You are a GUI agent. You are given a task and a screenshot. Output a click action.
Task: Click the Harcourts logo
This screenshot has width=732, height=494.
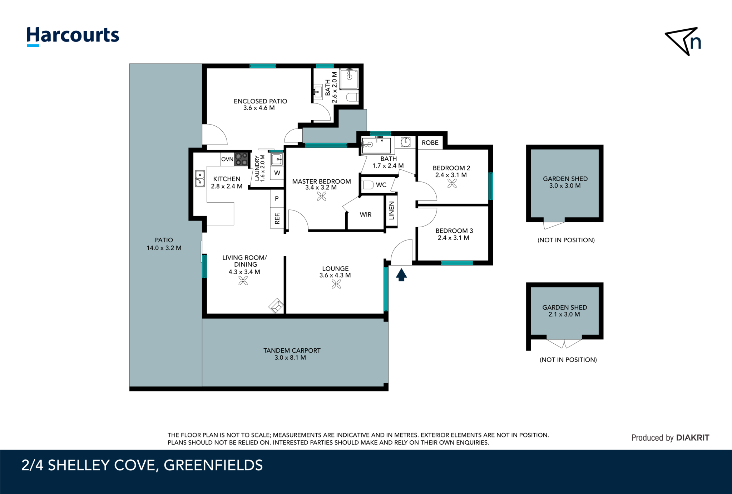tap(73, 37)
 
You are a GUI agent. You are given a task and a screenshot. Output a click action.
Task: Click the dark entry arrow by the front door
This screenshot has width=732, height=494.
tap(401, 275)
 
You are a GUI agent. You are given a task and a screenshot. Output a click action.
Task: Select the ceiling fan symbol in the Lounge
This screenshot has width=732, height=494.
tap(336, 284)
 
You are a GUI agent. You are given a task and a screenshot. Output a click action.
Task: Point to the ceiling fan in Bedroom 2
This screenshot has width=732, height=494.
tap(452, 183)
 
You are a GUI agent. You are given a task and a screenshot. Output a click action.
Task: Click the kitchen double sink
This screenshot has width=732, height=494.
tap(200, 179)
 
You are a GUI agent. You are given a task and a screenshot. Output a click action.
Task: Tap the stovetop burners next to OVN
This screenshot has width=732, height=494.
tap(241, 159)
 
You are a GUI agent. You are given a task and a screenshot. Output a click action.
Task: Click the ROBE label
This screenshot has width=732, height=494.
tap(430, 143)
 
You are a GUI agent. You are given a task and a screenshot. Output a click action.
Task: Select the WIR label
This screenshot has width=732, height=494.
tap(366, 215)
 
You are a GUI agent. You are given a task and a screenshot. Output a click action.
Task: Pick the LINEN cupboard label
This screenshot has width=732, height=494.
tap(392, 210)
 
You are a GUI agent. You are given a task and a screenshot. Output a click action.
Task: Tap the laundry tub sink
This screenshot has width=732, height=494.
tap(277, 159)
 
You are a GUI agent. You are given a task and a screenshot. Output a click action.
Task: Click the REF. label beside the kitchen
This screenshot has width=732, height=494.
tap(277, 218)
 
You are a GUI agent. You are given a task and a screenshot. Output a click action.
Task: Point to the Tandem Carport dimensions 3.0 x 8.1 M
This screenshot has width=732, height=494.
tap(290, 358)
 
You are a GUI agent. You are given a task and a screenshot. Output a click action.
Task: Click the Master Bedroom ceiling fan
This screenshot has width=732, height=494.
tap(322, 196)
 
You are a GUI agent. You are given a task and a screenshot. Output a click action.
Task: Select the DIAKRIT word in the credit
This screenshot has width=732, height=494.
tap(693, 437)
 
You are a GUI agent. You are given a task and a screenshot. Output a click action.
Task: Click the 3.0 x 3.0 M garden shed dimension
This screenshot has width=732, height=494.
tap(565, 186)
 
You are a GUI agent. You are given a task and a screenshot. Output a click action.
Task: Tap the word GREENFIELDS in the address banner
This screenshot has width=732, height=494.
tap(213, 465)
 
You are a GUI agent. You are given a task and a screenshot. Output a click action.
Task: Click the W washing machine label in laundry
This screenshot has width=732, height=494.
tap(277, 173)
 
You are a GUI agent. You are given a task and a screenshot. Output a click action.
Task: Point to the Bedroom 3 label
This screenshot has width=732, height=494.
tap(454, 231)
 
